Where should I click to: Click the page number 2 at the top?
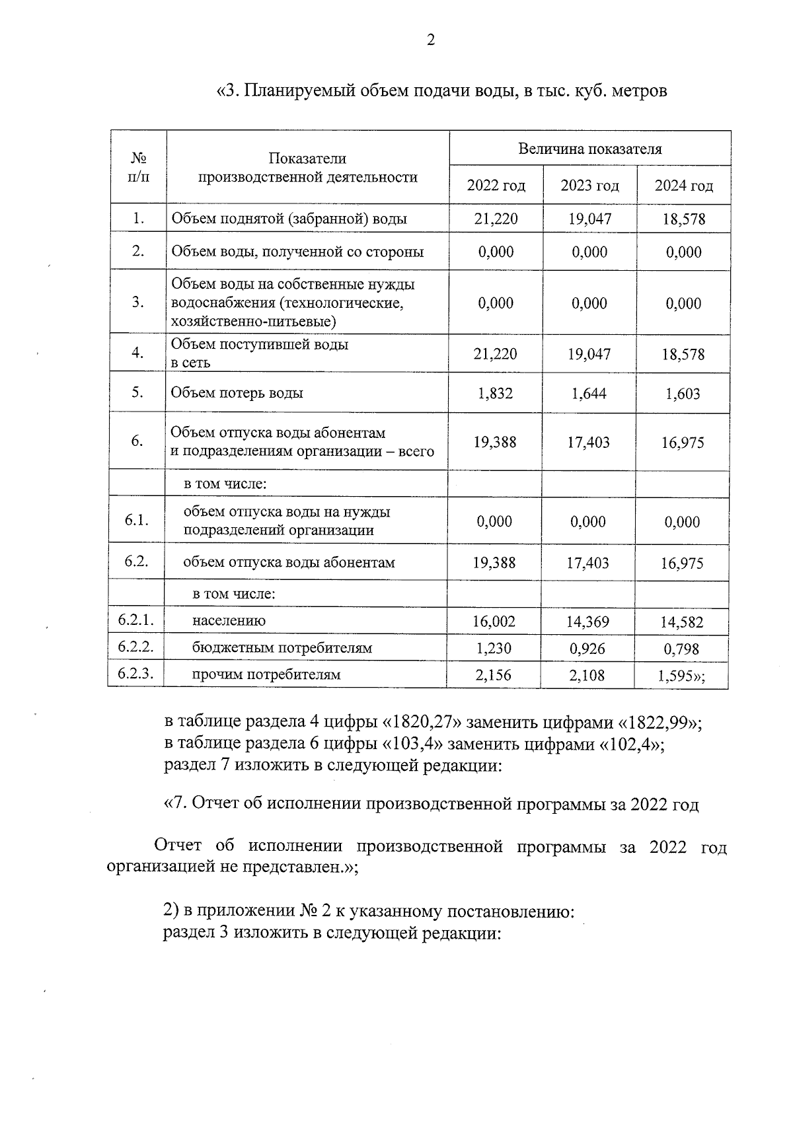coord(431,40)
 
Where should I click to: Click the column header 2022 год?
coord(496,186)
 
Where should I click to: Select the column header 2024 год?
coord(683,186)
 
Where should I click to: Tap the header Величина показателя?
coord(589,149)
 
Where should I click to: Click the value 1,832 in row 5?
coord(495,393)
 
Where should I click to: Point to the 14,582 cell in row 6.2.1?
coord(682,622)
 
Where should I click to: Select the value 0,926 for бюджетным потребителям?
coord(587,648)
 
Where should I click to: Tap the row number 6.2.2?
coord(136,647)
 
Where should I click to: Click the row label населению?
coord(229,621)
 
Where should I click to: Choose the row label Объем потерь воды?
coord(237,392)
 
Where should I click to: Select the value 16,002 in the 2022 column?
coord(494,621)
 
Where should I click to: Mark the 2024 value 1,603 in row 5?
coord(683,394)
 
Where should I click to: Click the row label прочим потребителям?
coord(266,674)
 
